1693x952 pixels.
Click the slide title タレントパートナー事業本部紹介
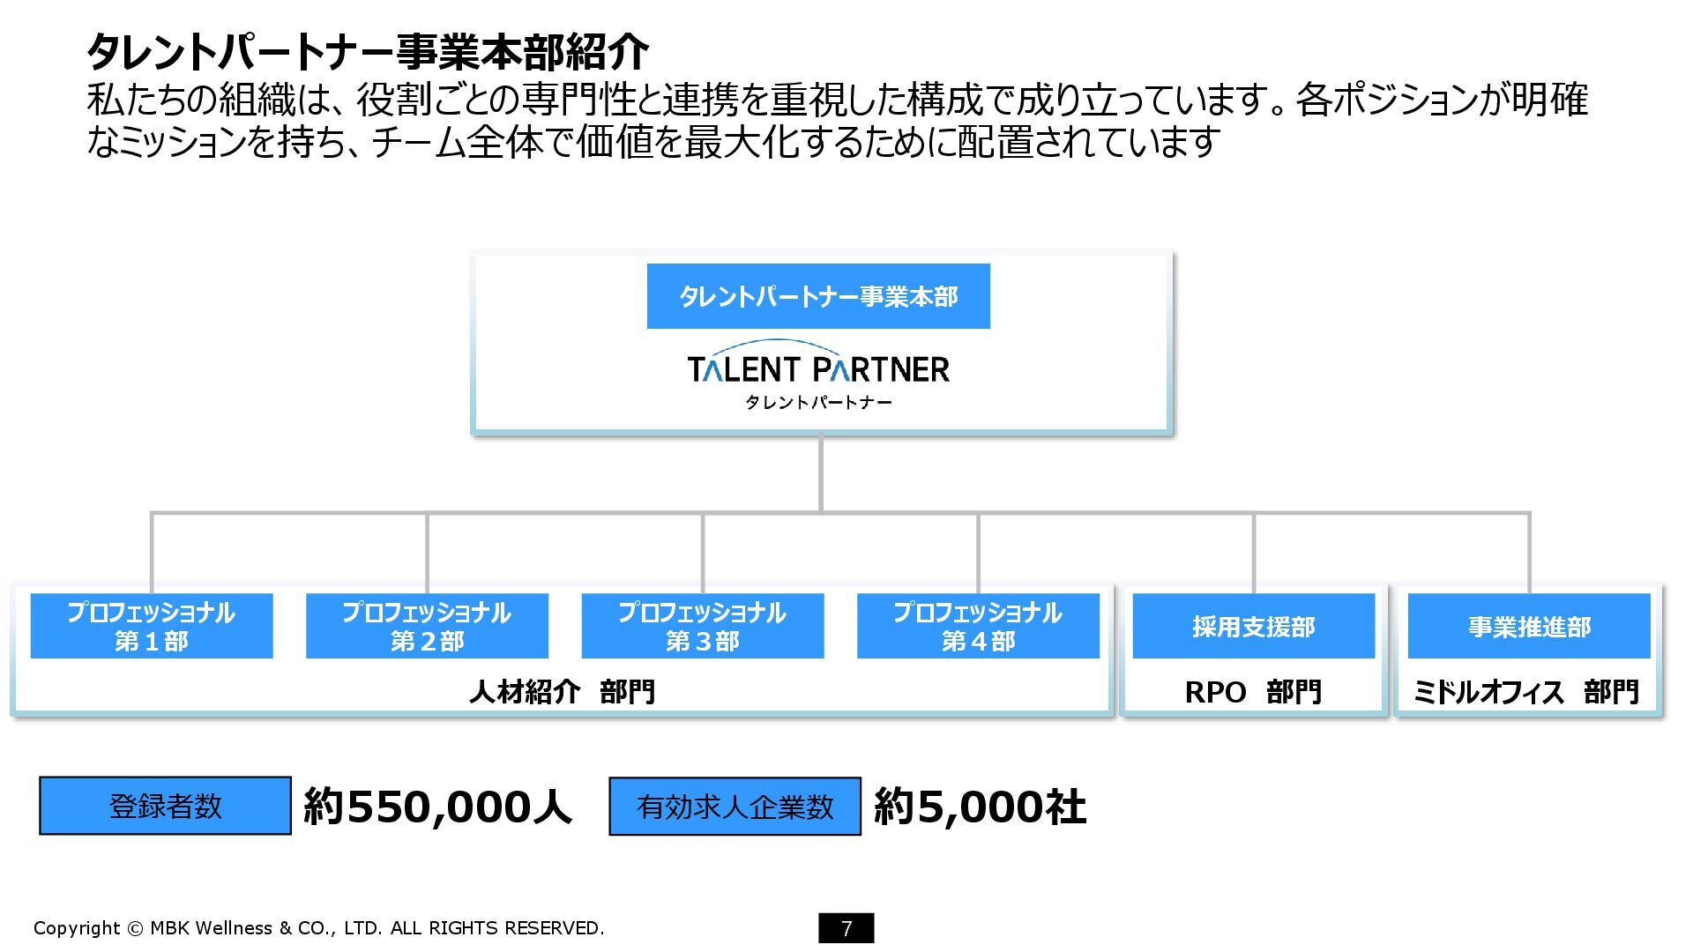click(x=368, y=52)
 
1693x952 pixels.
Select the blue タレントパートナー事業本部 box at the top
click(x=818, y=296)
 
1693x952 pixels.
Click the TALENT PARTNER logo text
click(x=818, y=368)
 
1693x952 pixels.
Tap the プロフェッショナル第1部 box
click(x=152, y=626)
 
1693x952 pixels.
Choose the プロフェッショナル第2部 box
click(x=427, y=626)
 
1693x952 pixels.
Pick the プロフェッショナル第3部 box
click(x=703, y=626)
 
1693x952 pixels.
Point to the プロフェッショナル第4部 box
click(x=978, y=626)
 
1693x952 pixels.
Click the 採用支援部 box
click(x=1253, y=626)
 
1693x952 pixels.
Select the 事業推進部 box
click(x=1529, y=626)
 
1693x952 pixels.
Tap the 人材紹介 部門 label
click(x=562, y=691)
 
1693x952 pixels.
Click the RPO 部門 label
click(x=1253, y=692)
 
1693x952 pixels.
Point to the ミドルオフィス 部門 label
click(x=1526, y=692)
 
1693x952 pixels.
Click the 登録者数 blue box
click(x=165, y=806)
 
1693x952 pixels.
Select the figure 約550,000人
click(x=438, y=807)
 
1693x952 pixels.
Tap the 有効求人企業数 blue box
click(x=735, y=806)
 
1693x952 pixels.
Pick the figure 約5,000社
click(x=980, y=807)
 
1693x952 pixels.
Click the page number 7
click(x=846, y=928)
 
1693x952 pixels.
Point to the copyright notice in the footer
click(x=318, y=928)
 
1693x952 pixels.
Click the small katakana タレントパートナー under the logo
click(x=818, y=403)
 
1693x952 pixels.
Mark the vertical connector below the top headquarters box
click(x=821, y=472)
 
